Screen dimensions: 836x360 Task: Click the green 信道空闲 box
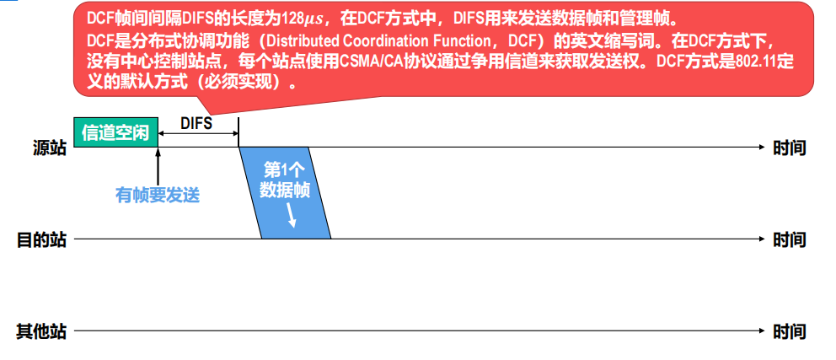coord(115,133)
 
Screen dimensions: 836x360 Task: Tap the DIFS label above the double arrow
coord(196,123)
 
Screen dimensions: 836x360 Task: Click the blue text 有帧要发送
coord(158,195)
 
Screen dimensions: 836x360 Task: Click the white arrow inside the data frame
coord(292,218)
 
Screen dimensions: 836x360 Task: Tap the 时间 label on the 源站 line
coord(790,148)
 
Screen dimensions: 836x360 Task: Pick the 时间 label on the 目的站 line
coord(790,239)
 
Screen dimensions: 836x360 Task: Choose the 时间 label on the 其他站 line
coord(790,330)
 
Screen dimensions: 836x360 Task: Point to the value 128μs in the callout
coord(299,18)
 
